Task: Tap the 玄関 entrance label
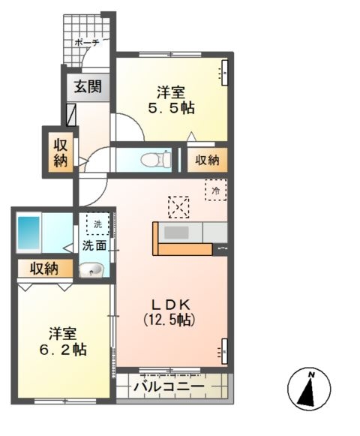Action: pos(88,86)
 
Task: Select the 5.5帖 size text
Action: pos(171,108)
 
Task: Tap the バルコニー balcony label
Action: pos(169,387)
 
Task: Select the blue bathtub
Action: pos(29,233)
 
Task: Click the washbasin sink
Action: pos(91,269)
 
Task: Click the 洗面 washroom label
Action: pos(94,245)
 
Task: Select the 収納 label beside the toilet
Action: pos(208,159)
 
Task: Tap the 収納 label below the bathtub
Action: pos(46,269)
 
